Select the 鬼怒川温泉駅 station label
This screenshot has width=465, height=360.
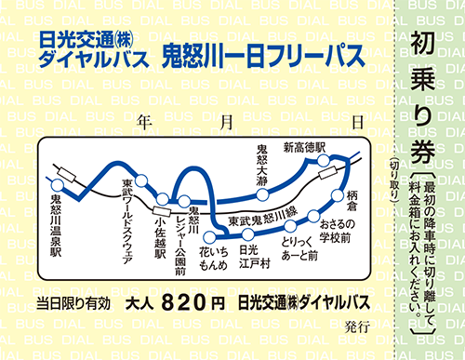(57, 226)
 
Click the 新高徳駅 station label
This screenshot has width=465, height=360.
(305, 148)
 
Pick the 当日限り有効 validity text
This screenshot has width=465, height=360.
(73, 303)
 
